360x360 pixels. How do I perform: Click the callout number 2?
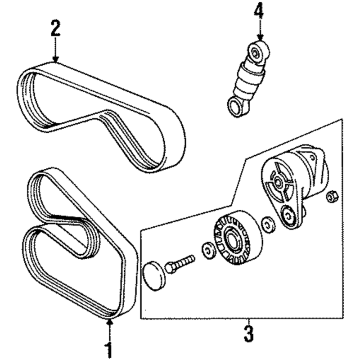pos(55,28)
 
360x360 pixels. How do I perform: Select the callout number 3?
pos(249,333)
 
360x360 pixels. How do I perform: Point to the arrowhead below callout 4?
pos(260,38)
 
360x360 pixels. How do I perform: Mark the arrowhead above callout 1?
pos(110,323)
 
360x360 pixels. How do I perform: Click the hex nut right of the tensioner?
pos(331,197)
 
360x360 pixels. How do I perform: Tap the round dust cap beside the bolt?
pos(153,276)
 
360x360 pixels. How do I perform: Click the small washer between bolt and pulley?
pos(208,251)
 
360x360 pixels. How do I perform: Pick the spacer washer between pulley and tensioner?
pos(268,225)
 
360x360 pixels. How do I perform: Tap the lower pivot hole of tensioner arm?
pos(288,215)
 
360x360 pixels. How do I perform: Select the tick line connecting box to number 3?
pos(249,321)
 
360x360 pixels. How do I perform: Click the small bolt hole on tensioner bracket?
pos(312,157)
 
